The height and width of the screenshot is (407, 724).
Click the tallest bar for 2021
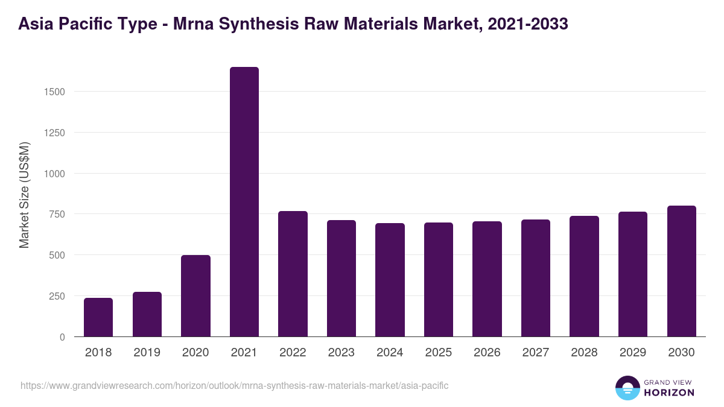(244, 201)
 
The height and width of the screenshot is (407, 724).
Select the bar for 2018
(98, 317)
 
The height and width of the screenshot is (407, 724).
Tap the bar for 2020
(195, 295)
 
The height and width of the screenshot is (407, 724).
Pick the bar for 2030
(681, 271)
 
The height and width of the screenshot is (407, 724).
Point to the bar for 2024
(390, 280)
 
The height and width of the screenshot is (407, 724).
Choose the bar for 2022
(293, 274)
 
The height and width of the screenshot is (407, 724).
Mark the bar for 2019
(147, 314)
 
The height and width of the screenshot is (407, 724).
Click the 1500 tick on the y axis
(54, 92)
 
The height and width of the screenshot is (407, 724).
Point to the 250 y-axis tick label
(57, 296)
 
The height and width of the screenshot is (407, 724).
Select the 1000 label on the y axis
(54, 174)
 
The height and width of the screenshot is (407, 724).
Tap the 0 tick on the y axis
(62, 337)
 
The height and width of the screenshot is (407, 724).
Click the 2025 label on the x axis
(439, 353)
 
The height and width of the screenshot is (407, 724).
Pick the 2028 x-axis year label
(584, 353)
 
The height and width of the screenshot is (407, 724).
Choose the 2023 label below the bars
(341, 353)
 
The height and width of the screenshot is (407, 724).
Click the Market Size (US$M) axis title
(24, 195)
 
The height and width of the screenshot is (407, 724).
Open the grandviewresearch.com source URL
(234, 385)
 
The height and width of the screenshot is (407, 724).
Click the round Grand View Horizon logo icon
(627, 388)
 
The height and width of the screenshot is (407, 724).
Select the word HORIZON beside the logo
(669, 393)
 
